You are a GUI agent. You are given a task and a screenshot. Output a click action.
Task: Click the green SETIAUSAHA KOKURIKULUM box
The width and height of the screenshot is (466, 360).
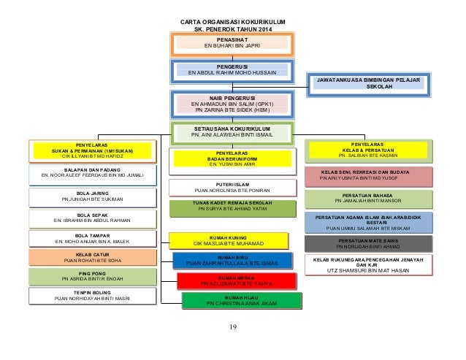coord(232,131)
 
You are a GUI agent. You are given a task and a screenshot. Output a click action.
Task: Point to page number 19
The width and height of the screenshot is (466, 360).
coord(232,326)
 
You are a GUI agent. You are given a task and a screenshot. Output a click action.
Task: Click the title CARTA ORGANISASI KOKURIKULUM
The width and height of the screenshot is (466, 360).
coord(232,21)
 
